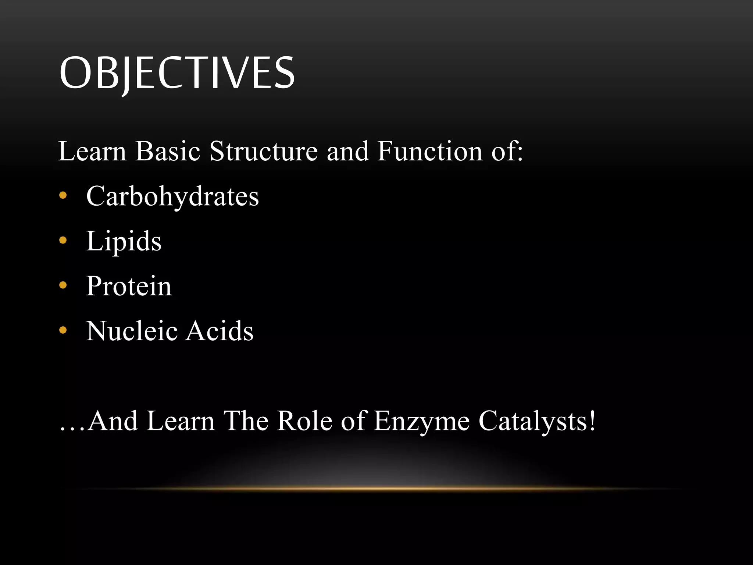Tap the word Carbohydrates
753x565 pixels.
tap(172, 196)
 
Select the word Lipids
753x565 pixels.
tap(124, 241)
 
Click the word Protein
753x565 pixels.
tap(129, 286)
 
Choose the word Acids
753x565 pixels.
tap(220, 331)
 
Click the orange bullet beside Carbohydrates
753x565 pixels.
tap(63, 195)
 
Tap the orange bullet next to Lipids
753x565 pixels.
tap(63, 240)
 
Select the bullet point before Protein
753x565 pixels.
tap(63, 285)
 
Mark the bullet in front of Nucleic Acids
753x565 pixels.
tap(63, 330)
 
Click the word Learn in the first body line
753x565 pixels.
tap(92, 151)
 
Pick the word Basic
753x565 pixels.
tap(168, 151)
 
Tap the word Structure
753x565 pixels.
tap(264, 151)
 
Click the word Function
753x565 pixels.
tap(429, 151)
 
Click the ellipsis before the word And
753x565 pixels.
tap(72, 429)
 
